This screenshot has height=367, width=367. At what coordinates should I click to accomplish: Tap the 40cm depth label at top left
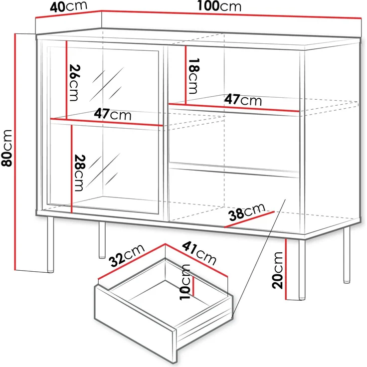click(x=68, y=6)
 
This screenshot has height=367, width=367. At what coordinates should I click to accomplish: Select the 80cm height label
click(x=7, y=153)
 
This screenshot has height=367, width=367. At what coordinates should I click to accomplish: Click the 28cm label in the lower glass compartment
click(x=79, y=173)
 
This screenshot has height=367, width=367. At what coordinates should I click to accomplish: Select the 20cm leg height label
click(x=278, y=270)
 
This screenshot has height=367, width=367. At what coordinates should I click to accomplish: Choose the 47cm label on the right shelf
click(x=242, y=99)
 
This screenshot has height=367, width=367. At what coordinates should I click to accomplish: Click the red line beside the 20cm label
click(x=286, y=269)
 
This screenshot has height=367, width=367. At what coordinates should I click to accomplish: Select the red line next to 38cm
click(x=249, y=219)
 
